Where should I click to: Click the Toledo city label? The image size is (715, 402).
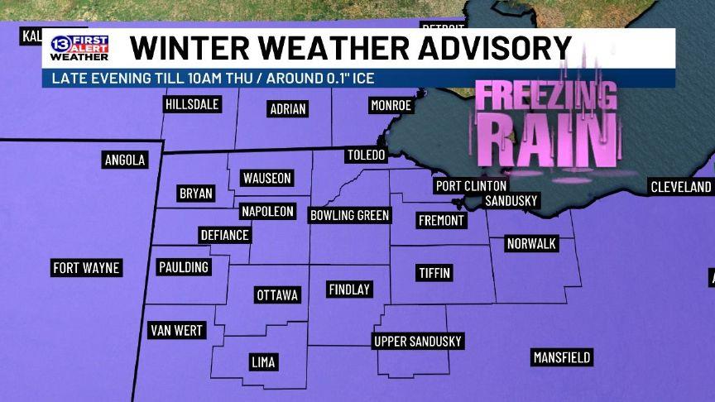[365, 156]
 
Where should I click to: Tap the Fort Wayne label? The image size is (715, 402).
[86, 268]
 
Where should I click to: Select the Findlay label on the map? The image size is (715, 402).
[349, 290]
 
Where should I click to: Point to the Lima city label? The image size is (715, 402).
[263, 362]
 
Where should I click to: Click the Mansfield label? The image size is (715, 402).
[562, 357]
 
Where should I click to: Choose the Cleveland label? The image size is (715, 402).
[681, 187]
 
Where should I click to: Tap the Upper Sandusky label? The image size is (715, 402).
[418, 341]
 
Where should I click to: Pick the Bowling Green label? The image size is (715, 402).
[349, 215]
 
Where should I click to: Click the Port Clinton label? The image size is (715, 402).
[471, 186]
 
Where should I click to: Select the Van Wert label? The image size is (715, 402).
[176, 331]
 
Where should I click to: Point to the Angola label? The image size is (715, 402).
[125, 160]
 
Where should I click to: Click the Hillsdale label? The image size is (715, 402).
[192, 104]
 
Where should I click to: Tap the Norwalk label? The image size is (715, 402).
[531, 244]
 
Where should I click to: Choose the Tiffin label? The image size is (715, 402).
[434, 273]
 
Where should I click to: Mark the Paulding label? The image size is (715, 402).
[184, 267]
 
